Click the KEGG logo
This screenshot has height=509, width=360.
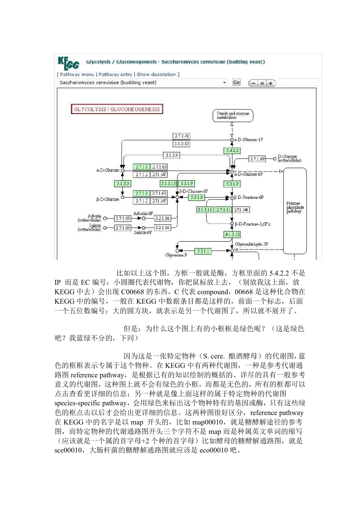69,63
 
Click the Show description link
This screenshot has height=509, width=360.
157,75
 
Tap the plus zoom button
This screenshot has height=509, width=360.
271,83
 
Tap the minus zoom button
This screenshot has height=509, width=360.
254,83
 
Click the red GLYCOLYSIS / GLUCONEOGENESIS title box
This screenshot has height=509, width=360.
117,109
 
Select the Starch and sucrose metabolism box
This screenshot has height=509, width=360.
233,116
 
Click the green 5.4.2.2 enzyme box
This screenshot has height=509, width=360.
232,151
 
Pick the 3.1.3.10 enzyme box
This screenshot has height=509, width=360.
182,144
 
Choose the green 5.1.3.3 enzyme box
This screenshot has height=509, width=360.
122,184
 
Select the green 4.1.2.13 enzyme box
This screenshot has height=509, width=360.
232,235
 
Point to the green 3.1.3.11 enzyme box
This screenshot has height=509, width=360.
205,210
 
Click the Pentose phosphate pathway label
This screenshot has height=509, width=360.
295,208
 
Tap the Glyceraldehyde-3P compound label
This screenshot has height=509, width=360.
251,245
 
